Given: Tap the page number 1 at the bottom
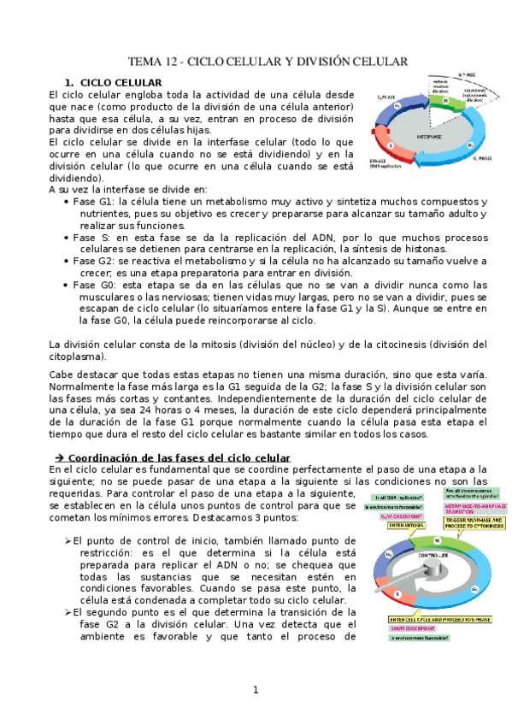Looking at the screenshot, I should coord(255,690).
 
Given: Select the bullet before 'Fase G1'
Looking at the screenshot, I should coord(67,201).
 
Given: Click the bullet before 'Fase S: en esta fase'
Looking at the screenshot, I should coord(67,237).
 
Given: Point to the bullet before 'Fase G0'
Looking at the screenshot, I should coord(67,285).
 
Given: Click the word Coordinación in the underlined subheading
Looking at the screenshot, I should coord(104,458).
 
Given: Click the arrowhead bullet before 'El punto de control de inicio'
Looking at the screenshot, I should coord(67,541).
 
